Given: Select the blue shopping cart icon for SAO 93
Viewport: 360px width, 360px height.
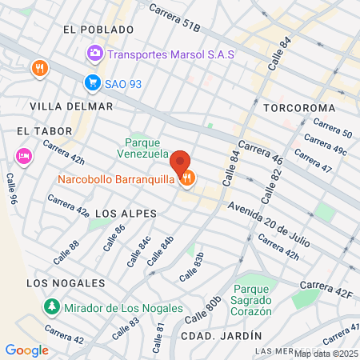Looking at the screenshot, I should pos(93,82).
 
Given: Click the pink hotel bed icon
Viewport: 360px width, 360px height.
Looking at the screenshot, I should pos(23,155).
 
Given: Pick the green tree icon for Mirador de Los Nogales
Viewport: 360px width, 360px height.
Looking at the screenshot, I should pos(51,306).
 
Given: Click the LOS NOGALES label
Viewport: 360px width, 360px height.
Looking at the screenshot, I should pos(66,283).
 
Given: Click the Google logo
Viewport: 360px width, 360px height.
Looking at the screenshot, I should pos(27,350).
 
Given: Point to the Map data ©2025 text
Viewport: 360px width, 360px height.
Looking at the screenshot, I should pos(326,354).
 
